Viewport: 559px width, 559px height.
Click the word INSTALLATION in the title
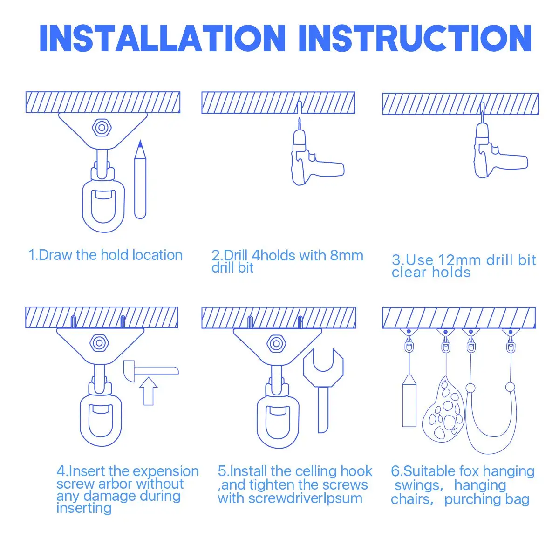pyautogui.click(x=163, y=38)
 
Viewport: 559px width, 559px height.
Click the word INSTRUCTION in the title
pyautogui.click(x=415, y=38)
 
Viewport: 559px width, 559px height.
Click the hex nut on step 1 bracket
pyautogui.click(x=102, y=127)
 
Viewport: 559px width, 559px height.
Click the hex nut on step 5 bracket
pyautogui.click(x=276, y=344)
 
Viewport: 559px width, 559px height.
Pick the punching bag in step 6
pyautogui.click(x=409, y=401)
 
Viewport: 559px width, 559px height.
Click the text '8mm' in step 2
pyautogui.click(x=347, y=256)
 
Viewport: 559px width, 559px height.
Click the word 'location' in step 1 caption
pyautogui.click(x=157, y=255)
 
